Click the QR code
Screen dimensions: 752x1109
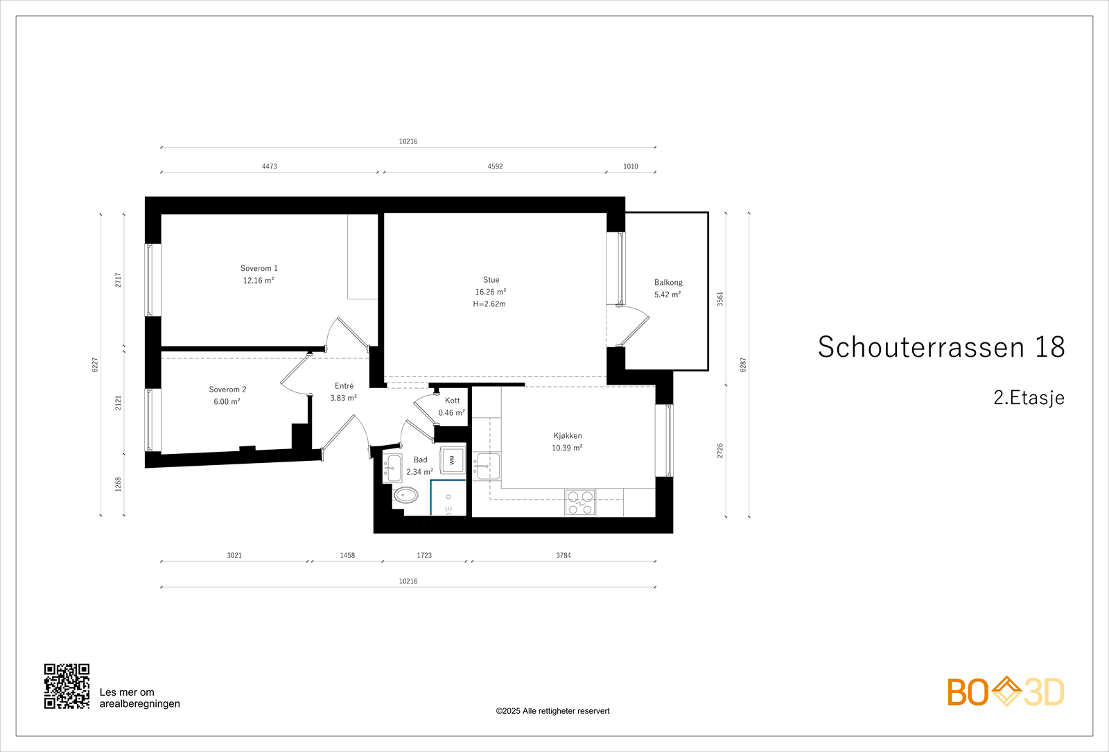click(x=67, y=686)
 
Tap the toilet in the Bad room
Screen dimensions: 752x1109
click(x=405, y=495)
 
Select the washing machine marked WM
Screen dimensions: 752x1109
click(x=453, y=460)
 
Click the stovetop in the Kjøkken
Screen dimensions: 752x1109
click(x=580, y=502)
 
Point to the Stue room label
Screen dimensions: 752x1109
click(x=491, y=280)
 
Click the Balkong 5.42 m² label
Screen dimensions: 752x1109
click(x=668, y=288)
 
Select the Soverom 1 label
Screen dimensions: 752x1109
click(x=259, y=268)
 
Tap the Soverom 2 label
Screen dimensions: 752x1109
click(x=227, y=390)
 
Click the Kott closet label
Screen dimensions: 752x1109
click(x=452, y=401)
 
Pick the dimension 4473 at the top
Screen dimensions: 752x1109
click(x=270, y=166)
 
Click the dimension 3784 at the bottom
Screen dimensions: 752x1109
click(x=564, y=555)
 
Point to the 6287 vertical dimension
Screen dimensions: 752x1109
click(x=743, y=365)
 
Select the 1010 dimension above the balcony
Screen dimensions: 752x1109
click(x=630, y=166)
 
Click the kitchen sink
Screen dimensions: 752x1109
click(x=487, y=466)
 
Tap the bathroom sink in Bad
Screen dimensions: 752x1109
click(x=394, y=469)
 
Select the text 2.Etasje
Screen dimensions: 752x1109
click(x=1029, y=398)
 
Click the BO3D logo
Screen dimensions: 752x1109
click(x=1006, y=692)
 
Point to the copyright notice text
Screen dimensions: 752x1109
click(x=552, y=711)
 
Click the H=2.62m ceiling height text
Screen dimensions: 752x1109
click(x=489, y=304)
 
